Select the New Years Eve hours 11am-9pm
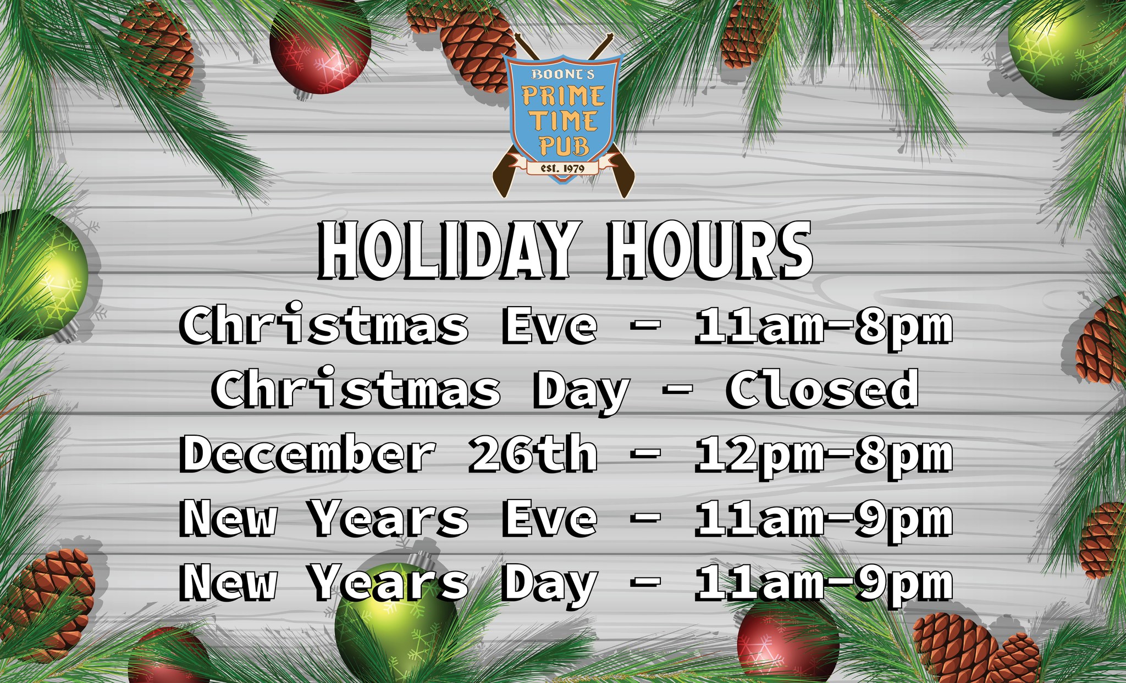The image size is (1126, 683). click(824, 520)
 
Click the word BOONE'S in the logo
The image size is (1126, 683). click(563, 74)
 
